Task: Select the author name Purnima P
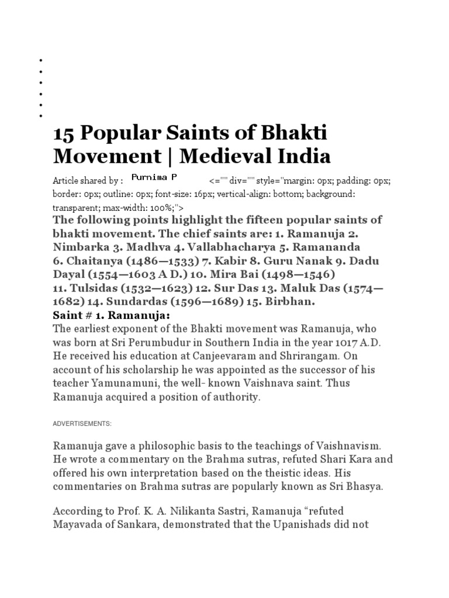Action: coord(154,176)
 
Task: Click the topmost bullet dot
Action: coord(41,60)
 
